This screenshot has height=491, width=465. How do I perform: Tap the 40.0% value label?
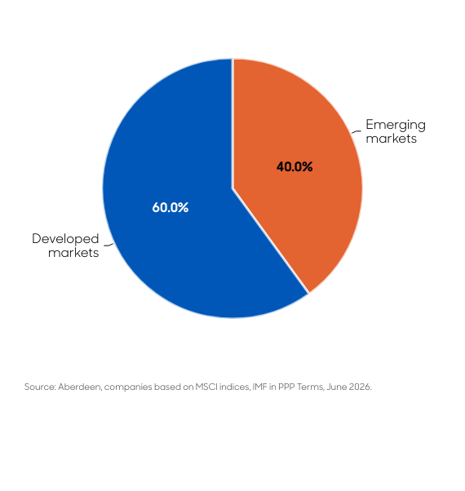[x=294, y=166]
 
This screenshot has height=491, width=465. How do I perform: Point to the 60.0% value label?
[x=170, y=207]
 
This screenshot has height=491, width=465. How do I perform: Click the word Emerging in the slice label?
[x=396, y=126]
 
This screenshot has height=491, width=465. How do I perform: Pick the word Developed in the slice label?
[x=65, y=239]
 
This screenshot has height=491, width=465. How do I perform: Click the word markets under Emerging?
[x=391, y=139]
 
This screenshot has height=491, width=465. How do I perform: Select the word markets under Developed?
[x=73, y=253]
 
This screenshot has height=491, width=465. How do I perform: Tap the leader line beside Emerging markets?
[x=356, y=131]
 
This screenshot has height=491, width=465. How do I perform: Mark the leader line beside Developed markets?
[x=108, y=245]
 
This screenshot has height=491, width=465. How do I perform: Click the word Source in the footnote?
[x=40, y=387]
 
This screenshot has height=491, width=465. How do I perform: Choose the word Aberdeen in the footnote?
[x=80, y=387]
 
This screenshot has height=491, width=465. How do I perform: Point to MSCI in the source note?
[x=206, y=387]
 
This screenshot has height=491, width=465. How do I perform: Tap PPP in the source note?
[x=286, y=387]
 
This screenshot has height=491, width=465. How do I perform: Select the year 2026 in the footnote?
[x=361, y=387]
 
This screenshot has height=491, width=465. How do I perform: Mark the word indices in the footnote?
[x=235, y=387]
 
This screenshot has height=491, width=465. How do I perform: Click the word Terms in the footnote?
[x=311, y=387]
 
